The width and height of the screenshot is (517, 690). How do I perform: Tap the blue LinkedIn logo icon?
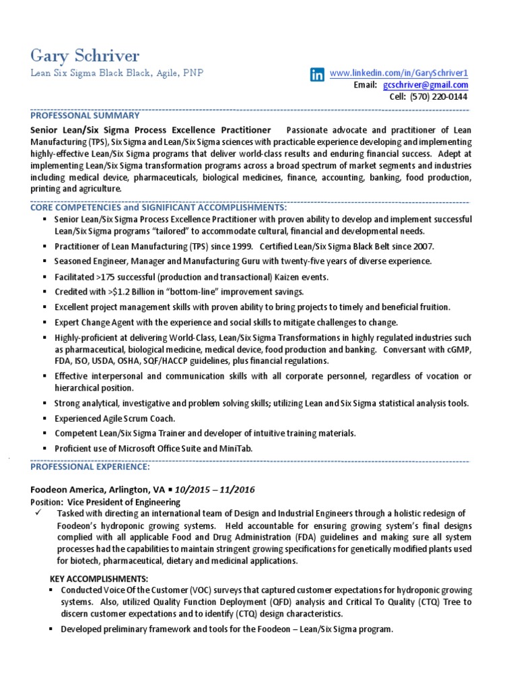(x=316, y=75)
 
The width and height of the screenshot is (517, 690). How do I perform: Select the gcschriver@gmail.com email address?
(x=425, y=85)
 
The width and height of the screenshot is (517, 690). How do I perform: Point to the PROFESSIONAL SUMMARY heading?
(x=85, y=115)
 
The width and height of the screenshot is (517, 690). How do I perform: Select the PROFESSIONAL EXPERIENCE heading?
(x=90, y=467)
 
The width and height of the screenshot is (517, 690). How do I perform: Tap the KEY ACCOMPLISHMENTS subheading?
(x=99, y=579)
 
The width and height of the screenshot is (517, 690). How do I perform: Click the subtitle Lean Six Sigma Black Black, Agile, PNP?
(x=116, y=73)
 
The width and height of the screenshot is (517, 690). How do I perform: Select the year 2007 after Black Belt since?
(x=422, y=246)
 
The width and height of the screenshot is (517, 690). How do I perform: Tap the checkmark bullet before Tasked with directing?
(x=38, y=513)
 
